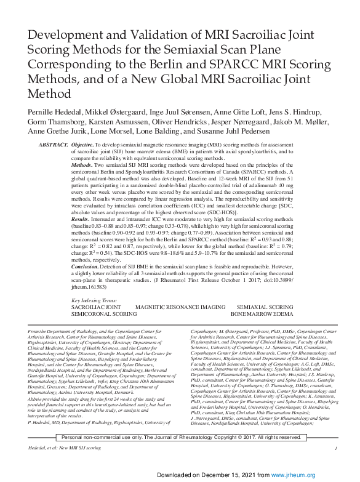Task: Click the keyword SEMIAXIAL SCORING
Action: pos(265,306)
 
